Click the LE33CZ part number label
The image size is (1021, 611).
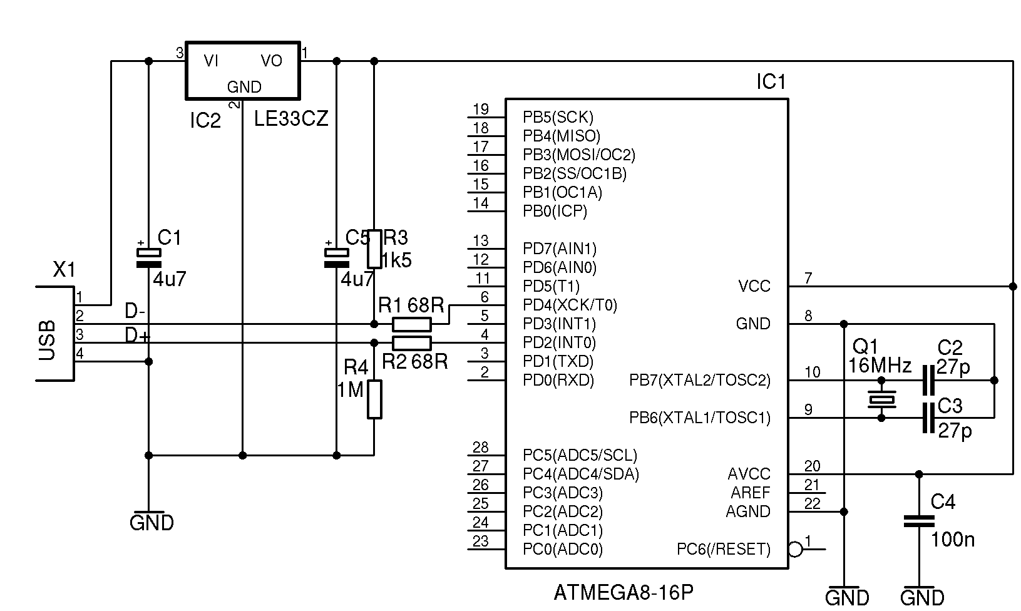pyautogui.click(x=291, y=119)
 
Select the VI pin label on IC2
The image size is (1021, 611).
pyautogui.click(x=211, y=61)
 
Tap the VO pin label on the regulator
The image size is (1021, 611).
pyautogui.click(x=271, y=61)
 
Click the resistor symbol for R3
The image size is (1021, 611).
pyautogui.click(x=374, y=249)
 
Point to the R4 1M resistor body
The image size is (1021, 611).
pyautogui.click(x=374, y=399)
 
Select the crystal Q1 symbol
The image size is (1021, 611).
pyautogui.click(x=881, y=399)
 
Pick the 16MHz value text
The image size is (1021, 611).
pyautogui.click(x=880, y=366)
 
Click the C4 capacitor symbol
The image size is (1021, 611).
pyautogui.click(x=919, y=521)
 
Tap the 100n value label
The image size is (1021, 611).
pyautogui.click(x=953, y=540)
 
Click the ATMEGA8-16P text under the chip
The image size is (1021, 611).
pyautogui.click(x=623, y=592)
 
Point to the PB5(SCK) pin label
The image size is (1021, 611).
pyautogui.click(x=558, y=117)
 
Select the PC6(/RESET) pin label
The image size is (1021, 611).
pyautogui.click(x=724, y=549)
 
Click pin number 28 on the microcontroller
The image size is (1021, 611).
pyautogui.click(x=480, y=447)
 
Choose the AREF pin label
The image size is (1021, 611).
pyautogui.click(x=751, y=493)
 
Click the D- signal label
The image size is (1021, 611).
pyautogui.click(x=135, y=311)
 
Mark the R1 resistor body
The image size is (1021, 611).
pyautogui.click(x=411, y=324)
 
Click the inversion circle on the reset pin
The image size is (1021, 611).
pyautogui.click(x=795, y=550)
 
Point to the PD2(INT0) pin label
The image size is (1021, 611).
pyautogui.click(x=559, y=342)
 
